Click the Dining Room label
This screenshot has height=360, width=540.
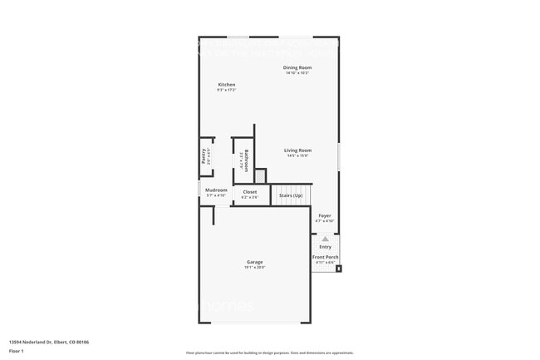coord(297,67)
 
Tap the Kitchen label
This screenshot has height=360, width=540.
coord(227,85)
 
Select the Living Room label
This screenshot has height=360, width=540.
coord(297,150)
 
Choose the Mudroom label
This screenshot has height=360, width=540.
coord(217,190)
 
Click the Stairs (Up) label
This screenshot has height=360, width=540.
coord(291,195)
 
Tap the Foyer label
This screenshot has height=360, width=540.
coord(325,215)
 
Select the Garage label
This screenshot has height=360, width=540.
coord(254,262)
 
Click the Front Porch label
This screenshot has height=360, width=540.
coord(325,258)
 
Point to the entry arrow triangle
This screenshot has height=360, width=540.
coord(325,239)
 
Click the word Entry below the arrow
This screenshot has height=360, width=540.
coord(325,246)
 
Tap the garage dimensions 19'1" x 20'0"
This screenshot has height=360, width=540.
coord(254,268)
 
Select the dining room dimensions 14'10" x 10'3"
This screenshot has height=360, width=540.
coord(297,73)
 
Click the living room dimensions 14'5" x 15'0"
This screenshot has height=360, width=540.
coord(297,156)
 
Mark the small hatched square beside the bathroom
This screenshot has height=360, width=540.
coord(260,175)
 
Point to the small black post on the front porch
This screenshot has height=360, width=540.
coord(338,269)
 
